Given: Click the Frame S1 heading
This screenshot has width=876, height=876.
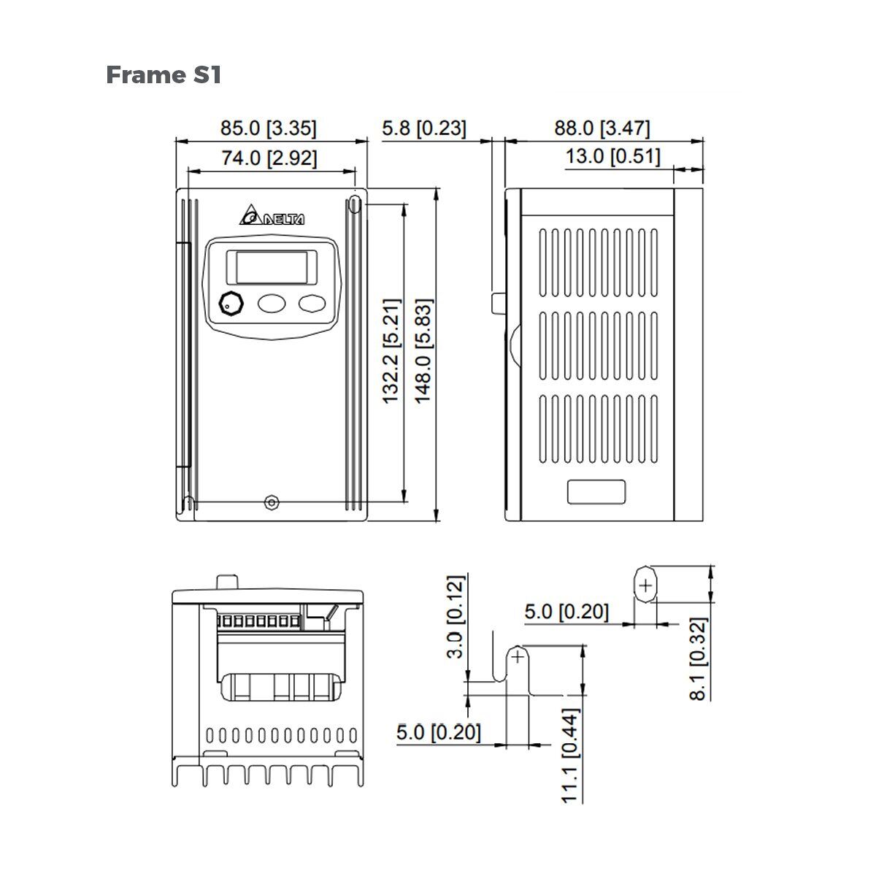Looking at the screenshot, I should (x=164, y=74).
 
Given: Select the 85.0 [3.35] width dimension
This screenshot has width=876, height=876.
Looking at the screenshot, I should (x=269, y=128).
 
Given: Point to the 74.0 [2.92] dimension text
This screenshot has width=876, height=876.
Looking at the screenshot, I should (x=269, y=158).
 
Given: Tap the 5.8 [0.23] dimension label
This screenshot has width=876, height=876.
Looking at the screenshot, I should (x=423, y=128).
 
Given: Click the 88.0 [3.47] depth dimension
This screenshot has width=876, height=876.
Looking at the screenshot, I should (x=602, y=128).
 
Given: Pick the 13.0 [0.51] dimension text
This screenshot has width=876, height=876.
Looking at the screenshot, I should (x=612, y=156).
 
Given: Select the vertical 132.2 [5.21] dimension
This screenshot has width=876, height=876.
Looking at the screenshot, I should (x=391, y=350).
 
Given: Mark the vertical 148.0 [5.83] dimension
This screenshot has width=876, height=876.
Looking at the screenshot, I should (x=423, y=350).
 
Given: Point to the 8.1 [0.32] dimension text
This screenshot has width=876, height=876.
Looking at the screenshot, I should (x=699, y=659).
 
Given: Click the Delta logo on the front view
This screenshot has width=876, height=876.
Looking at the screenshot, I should (x=272, y=217).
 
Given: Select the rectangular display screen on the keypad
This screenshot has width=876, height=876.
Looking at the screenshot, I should (x=272, y=267).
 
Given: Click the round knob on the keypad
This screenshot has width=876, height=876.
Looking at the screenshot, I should (x=231, y=304).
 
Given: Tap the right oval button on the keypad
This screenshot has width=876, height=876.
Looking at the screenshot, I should (x=312, y=304).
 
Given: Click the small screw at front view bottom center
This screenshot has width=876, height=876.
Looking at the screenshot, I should (x=272, y=502).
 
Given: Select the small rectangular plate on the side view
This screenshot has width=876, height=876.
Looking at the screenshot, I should (x=596, y=491).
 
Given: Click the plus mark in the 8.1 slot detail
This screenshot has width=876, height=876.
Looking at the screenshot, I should (x=645, y=585).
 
